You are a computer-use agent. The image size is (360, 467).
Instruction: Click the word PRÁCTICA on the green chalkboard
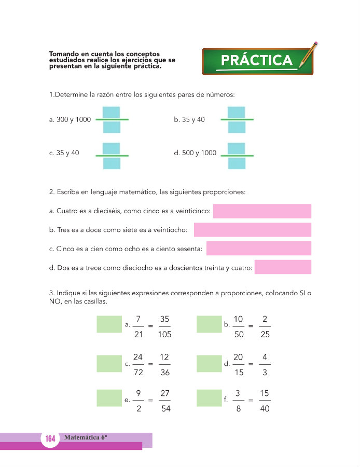(256, 61)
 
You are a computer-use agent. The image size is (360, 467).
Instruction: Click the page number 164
(50, 439)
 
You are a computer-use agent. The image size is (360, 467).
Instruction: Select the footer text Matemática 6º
(86, 437)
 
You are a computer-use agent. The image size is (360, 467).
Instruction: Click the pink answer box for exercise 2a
(262, 211)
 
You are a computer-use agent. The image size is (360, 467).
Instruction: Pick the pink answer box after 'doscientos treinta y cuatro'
(283, 267)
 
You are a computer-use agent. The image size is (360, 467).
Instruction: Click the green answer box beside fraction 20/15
(209, 363)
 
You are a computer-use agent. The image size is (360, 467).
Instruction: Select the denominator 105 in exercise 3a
(164, 335)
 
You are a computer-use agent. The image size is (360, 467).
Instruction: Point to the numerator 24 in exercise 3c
(138, 358)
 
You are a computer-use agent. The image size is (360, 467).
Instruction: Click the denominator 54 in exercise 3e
(164, 409)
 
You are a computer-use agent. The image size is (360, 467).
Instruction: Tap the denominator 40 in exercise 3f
(265, 409)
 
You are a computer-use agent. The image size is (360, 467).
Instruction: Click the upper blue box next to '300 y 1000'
(112, 112)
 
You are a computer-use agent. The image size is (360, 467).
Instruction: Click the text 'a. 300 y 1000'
(70, 120)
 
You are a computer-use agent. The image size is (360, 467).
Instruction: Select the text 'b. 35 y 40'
(189, 120)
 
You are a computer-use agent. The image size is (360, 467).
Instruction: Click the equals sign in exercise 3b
(251, 326)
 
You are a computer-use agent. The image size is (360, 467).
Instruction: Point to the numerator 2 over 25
(265, 319)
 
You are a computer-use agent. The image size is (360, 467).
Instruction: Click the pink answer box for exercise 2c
(258, 249)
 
